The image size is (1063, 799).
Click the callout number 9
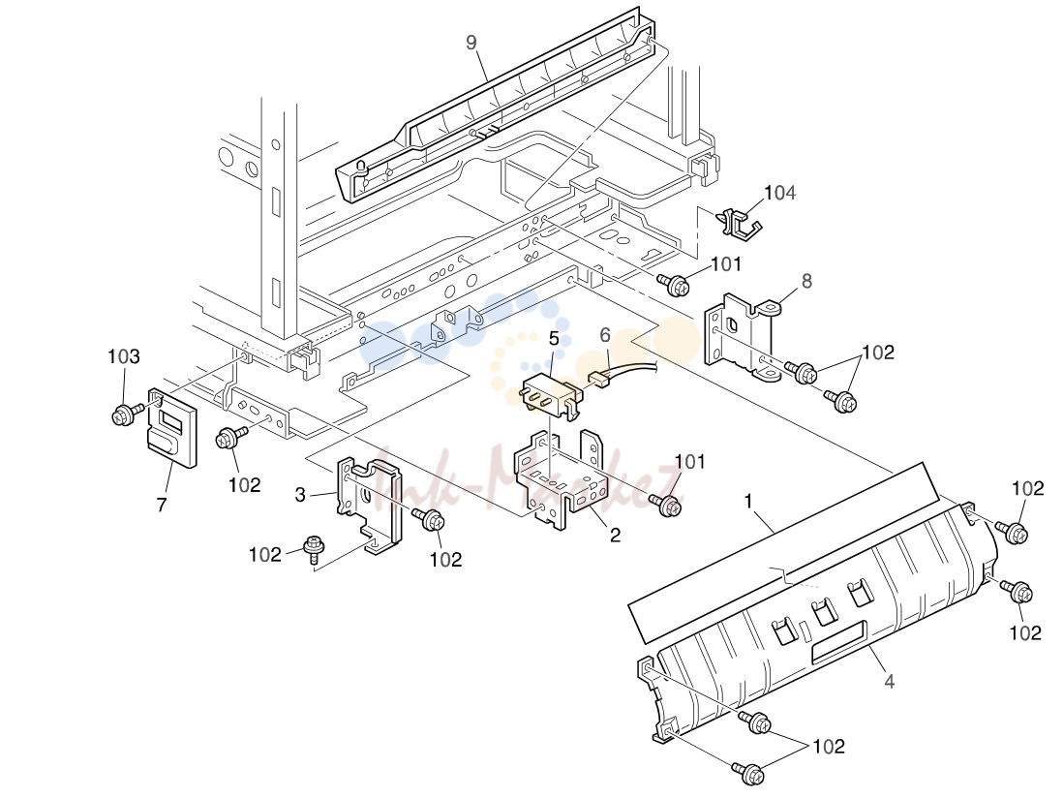[471, 43]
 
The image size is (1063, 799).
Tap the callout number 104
[779, 193]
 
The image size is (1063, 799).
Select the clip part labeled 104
[739, 223]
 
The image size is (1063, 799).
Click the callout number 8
[806, 281]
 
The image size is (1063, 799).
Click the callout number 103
[124, 356]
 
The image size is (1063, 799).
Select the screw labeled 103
[127, 414]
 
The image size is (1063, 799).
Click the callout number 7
[162, 505]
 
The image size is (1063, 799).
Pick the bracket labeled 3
[368, 505]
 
